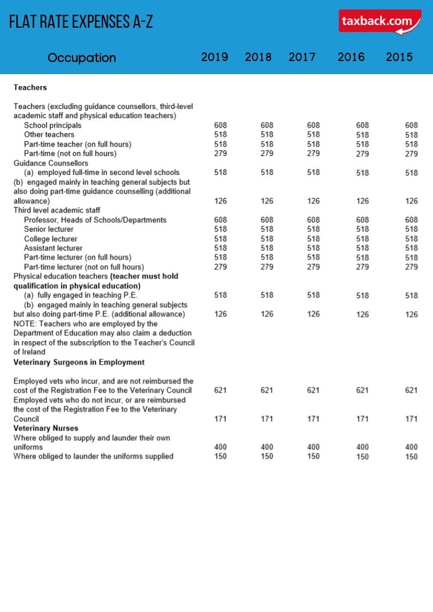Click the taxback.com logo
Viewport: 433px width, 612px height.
click(x=380, y=22)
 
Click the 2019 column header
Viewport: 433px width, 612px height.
click(x=214, y=57)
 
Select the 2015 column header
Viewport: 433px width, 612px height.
click(x=399, y=57)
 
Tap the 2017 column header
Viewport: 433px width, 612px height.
click(x=302, y=57)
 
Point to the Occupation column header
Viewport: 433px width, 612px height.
click(x=82, y=58)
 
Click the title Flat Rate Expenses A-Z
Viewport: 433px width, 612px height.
click(x=81, y=22)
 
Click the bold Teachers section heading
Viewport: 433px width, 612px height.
click(x=30, y=87)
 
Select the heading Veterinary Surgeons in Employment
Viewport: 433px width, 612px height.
click(x=79, y=362)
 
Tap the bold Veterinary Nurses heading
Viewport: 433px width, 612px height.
click(x=46, y=428)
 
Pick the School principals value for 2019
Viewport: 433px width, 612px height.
click(x=221, y=125)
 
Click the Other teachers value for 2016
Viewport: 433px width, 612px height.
click(x=362, y=135)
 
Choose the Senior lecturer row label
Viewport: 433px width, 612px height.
click(x=49, y=229)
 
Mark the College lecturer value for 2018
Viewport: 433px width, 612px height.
click(x=267, y=239)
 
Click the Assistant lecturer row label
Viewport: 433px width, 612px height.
click(x=53, y=248)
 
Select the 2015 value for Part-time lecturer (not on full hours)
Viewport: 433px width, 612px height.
click(x=412, y=267)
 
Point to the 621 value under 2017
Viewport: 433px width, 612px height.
click(x=314, y=390)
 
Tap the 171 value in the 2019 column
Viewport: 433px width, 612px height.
click(x=221, y=419)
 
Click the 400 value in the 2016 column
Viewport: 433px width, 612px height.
click(x=362, y=447)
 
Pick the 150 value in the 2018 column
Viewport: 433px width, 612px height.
click(x=267, y=456)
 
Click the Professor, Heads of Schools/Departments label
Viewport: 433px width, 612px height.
click(x=95, y=220)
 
